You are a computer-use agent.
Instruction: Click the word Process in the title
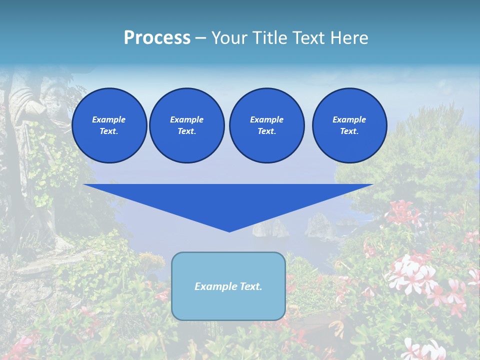pos(157,38)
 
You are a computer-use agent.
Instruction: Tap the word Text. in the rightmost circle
pos(349,131)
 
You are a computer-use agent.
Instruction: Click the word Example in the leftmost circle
pos(109,119)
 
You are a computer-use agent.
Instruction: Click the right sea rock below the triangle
pos(318,226)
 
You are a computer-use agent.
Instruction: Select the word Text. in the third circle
pos(266,131)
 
